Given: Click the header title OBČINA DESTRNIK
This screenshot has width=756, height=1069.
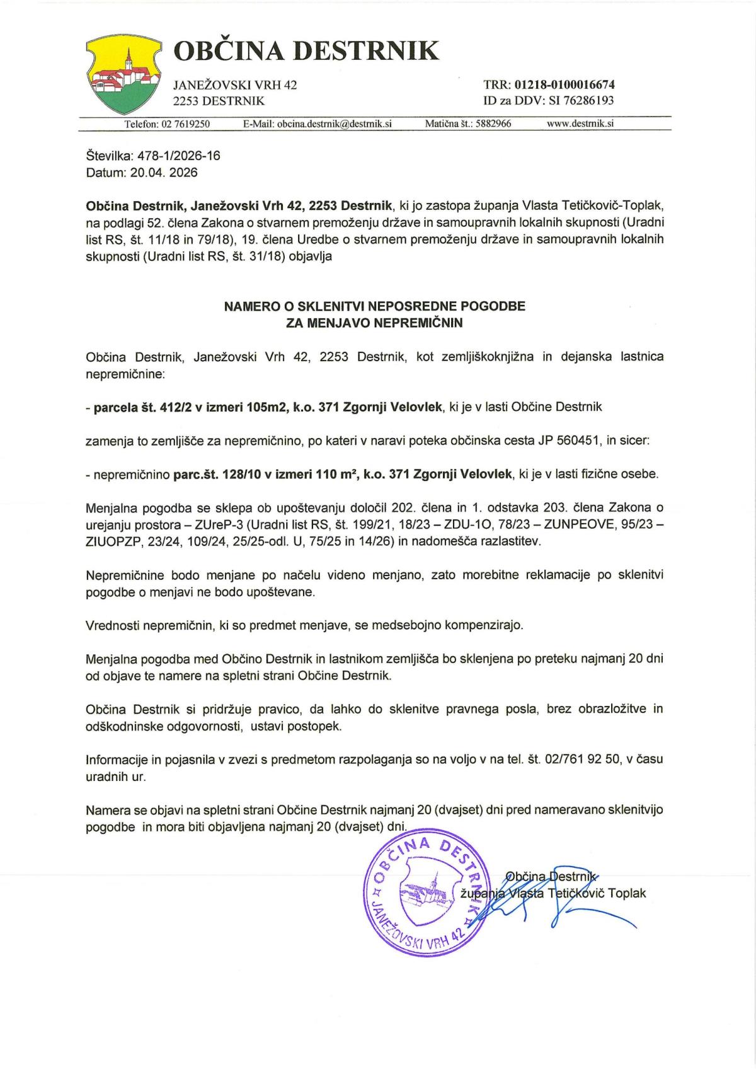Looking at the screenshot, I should pyautogui.click(x=306, y=50).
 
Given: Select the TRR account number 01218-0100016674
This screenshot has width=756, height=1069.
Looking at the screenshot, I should pyautogui.click(x=564, y=84).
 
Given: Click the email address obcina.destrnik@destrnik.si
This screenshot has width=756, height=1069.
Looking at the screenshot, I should pyautogui.click(x=335, y=124).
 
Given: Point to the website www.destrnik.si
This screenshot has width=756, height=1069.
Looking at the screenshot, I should pyautogui.click(x=580, y=124).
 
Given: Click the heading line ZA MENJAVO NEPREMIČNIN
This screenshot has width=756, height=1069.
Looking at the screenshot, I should pyautogui.click(x=374, y=323).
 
